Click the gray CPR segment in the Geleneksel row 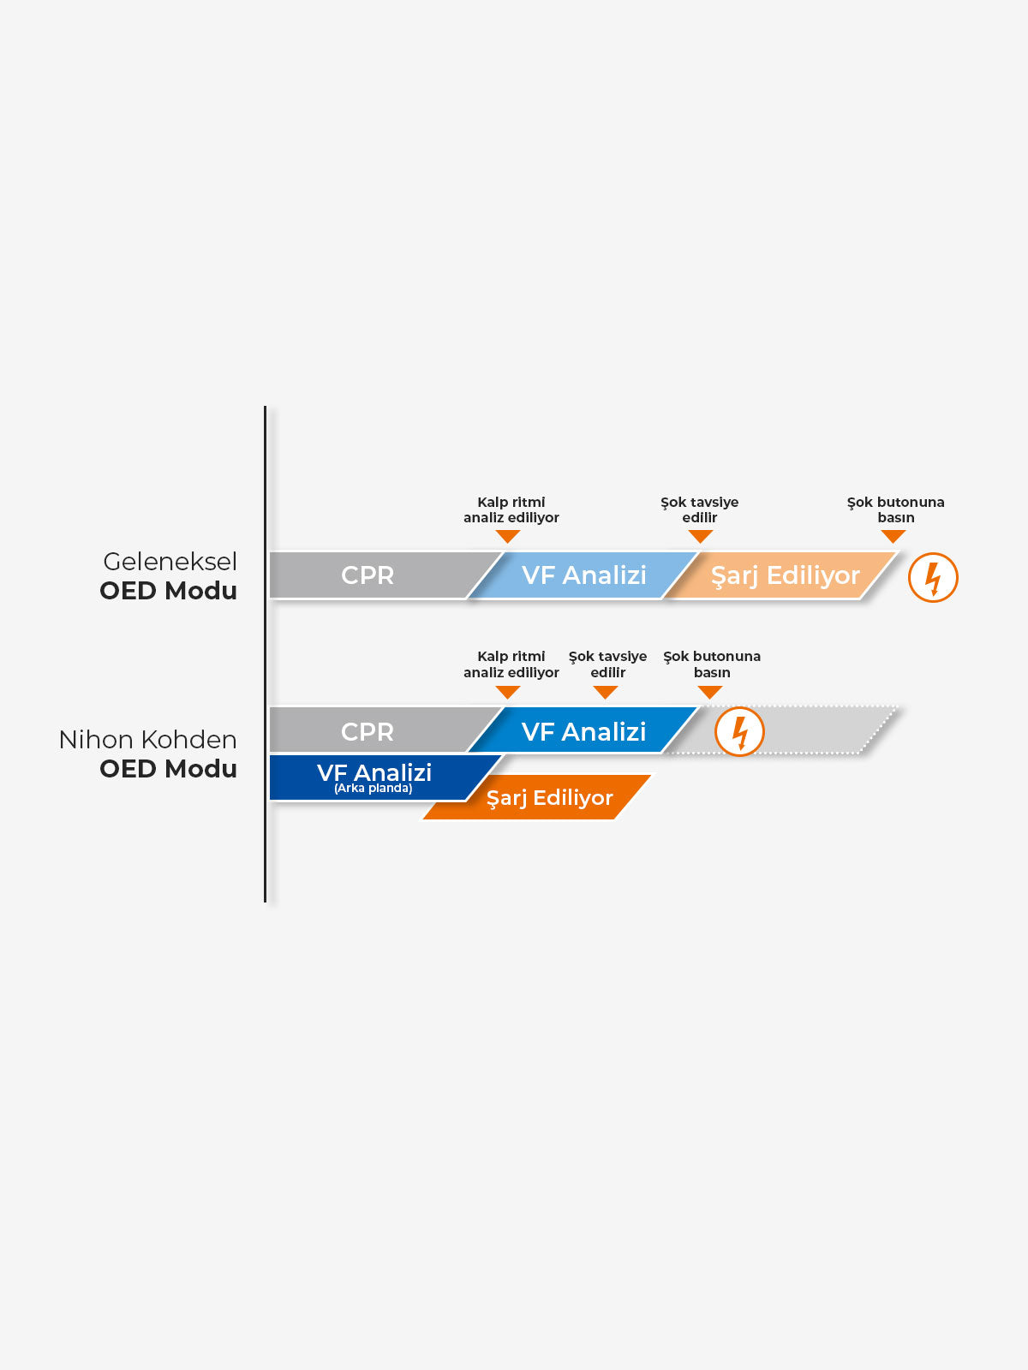click(x=368, y=575)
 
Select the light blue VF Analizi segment click(x=583, y=575)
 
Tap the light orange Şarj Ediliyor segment click(x=784, y=575)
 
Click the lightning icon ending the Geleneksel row click(x=933, y=577)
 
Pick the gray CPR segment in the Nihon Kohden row click(x=368, y=731)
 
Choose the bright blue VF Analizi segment click(x=583, y=731)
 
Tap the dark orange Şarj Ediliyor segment click(x=548, y=798)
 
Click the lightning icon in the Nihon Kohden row click(x=739, y=732)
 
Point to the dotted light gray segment click(x=814, y=731)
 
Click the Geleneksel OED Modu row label click(x=169, y=576)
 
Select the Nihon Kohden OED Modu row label click(x=148, y=754)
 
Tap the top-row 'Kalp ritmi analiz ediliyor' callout click(x=511, y=509)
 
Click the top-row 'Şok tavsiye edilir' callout click(x=700, y=509)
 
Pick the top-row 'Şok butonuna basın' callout click(x=895, y=509)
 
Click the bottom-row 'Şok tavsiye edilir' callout click(x=607, y=664)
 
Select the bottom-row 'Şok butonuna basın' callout click(x=712, y=664)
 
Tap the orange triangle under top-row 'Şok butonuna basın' click(x=894, y=536)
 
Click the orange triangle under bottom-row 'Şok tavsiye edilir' click(x=606, y=692)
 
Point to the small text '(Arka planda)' click(x=374, y=789)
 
